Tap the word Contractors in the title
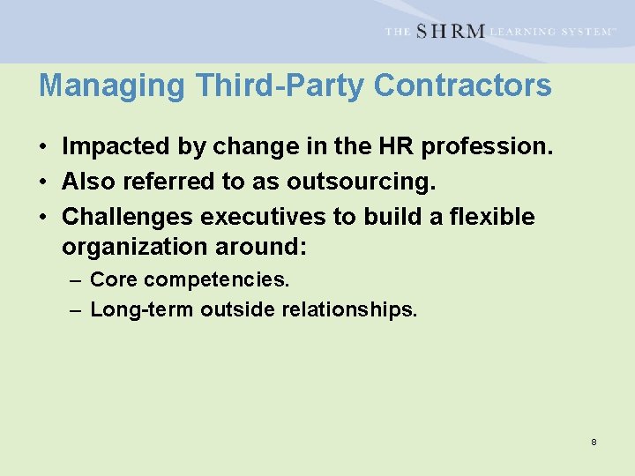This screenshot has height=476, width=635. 463,86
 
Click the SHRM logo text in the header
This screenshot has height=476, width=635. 450,32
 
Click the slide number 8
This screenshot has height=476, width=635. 594,441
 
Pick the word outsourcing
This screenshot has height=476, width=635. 361,182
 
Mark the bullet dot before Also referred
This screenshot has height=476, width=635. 43,182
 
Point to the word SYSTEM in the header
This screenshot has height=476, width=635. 586,32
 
